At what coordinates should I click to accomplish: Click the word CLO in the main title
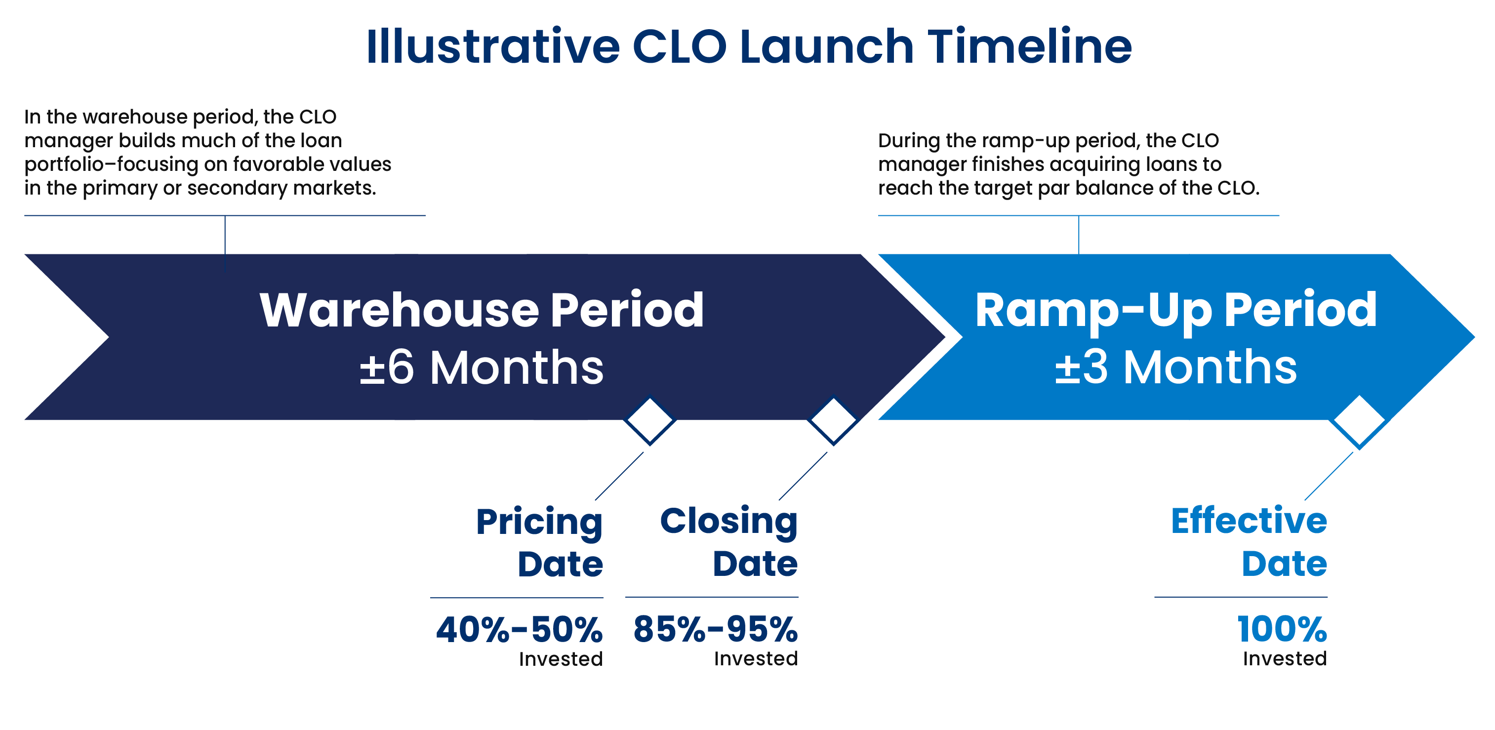[x=679, y=46]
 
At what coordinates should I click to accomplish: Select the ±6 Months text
[x=481, y=367]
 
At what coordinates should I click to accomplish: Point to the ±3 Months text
[x=1175, y=367]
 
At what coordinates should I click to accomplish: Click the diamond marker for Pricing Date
[x=649, y=421]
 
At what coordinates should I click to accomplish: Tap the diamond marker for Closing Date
[x=833, y=421]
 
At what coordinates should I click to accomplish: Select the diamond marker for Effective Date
[x=1359, y=422]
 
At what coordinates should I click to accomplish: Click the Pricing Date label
[x=539, y=543]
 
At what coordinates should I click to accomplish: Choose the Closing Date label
[x=729, y=543]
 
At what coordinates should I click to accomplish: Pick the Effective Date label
[x=1249, y=543]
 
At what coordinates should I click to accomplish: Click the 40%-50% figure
[x=520, y=630]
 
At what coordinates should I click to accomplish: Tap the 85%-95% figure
[x=715, y=630]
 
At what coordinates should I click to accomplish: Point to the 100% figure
[x=1282, y=630]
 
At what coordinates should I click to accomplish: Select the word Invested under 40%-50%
[x=561, y=659]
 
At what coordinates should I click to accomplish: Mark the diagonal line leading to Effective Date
[x=1329, y=476]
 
